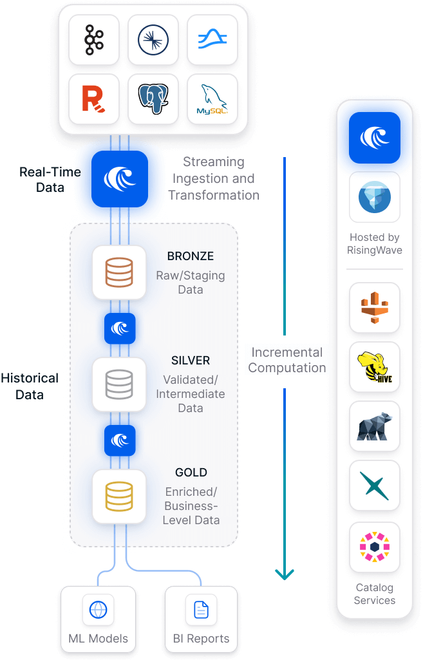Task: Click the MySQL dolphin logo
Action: click(x=212, y=99)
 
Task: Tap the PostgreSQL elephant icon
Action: click(x=153, y=99)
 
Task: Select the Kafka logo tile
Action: click(x=94, y=40)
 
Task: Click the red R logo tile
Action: click(x=94, y=99)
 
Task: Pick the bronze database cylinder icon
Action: click(x=119, y=272)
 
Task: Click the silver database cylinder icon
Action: click(x=119, y=384)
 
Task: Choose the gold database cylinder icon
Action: click(x=119, y=496)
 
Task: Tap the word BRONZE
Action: click(x=190, y=256)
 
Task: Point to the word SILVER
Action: click(x=191, y=361)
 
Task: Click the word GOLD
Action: click(x=191, y=473)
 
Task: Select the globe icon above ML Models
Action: click(x=98, y=609)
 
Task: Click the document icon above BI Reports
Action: click(x=201, y=609)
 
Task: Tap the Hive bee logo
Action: click(x=375, y=367)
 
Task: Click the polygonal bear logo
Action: click(x=375, y=426)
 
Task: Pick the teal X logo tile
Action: click(x=375, y=486)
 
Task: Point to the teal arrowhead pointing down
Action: click(x=284, y=573)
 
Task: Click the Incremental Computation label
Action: click(x=287, y=361)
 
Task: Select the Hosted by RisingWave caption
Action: click(x=375, y=243)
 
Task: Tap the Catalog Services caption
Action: click(x=375, y=594)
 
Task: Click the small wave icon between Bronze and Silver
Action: click(x=120, y=328)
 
